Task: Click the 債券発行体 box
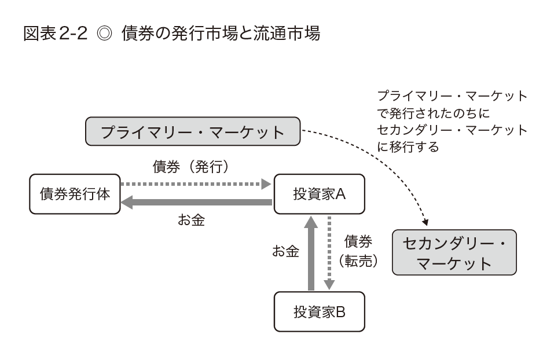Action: coord(75,194)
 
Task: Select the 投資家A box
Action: coord(320,194)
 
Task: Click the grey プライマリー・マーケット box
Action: coord(193,132)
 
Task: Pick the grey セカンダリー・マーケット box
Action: coord(454,252)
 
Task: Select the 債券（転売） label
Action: coord(358,251)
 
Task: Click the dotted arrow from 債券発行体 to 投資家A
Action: coord(197,185)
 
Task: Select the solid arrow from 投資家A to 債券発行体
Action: coord(197,202)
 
